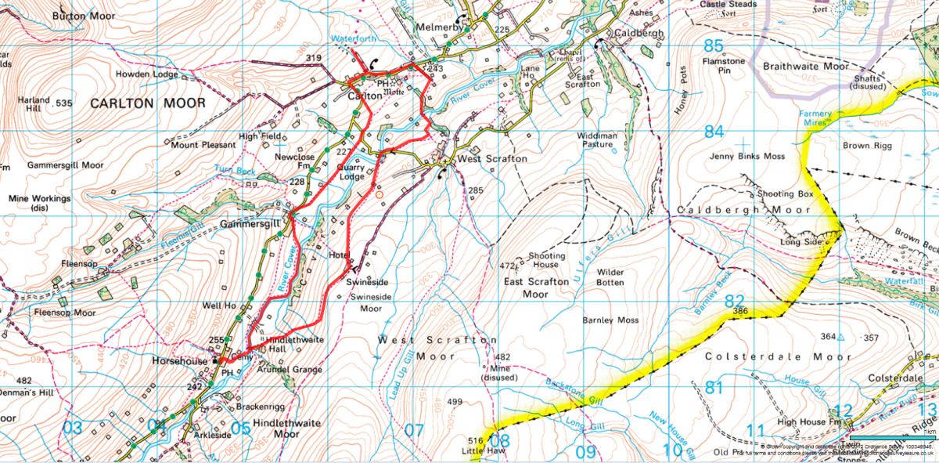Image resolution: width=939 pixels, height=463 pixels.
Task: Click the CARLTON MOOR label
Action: (147, 103)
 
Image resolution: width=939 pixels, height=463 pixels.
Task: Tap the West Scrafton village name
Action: (491, 159)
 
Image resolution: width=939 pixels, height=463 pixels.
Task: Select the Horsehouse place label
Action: (181, 362)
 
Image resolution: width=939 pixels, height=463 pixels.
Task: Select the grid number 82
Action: (733, 302)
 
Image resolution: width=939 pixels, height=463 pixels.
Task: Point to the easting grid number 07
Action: (413, 430)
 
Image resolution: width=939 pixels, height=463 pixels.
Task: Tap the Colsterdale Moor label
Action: (778, 357)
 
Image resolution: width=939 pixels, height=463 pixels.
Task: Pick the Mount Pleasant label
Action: (203, 145)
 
